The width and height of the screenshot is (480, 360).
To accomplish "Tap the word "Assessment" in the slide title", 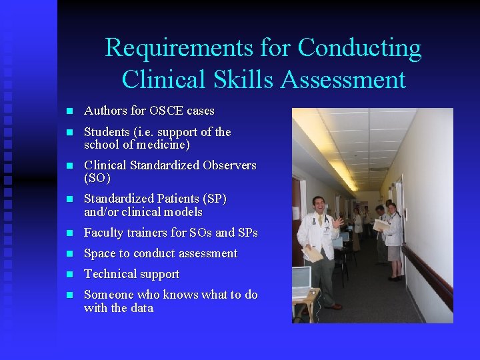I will coord(343,79).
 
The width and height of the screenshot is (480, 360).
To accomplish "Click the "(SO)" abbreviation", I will coord(97,179).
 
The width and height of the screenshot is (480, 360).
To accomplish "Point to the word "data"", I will coord(141,308).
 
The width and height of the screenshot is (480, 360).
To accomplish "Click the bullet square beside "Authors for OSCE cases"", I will coord(68,111).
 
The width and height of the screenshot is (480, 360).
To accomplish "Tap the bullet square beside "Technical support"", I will coord(68,275).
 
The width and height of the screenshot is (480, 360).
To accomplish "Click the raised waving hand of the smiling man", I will coord(340,222).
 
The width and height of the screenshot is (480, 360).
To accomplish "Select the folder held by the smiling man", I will coord(314,254).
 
